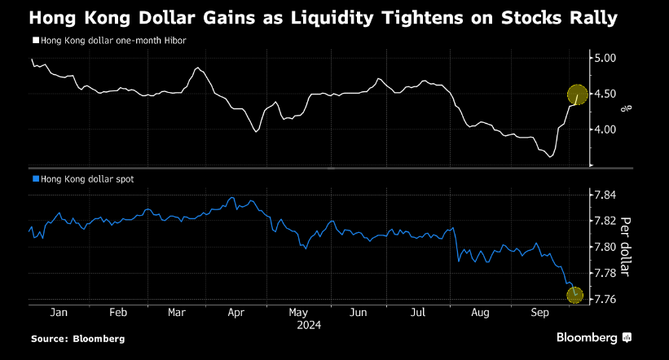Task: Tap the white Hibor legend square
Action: click(35, 40)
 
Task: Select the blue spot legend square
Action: click(35, 178)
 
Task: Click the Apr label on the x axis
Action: click(237, 312)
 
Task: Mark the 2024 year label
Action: click(309, 325)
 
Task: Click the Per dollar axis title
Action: click(626, 247)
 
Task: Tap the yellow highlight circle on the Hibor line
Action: click(577, 95)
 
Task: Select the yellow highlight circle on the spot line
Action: click(575, 295)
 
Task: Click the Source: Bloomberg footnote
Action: click(78, 338)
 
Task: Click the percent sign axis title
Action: click(626, 107)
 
